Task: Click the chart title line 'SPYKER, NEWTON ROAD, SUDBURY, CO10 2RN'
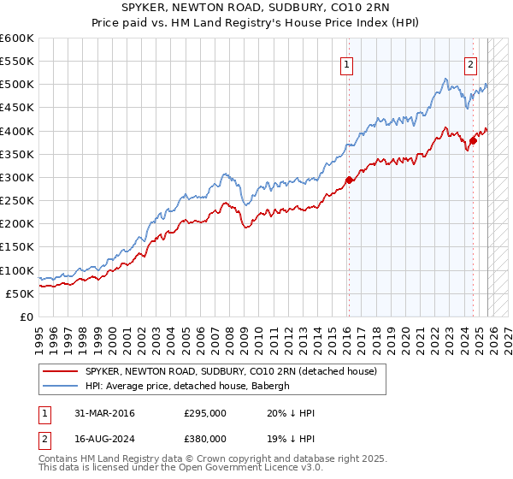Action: (x=256, y=9)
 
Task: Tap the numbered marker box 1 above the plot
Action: (x=347, y=63)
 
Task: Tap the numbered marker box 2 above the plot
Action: (x=471, y=63)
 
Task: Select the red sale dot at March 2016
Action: (x=349, y=180)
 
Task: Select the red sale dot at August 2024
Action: (x=474, y=140)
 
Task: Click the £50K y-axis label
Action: (x=21, y=293)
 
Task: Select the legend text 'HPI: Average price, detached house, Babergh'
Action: (x=188, y=386)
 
